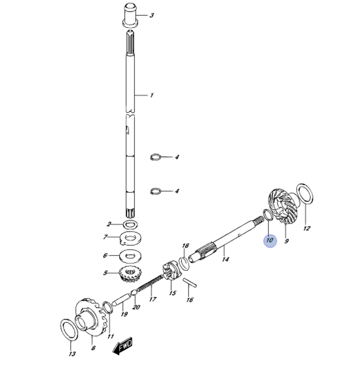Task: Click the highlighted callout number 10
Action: (270, 240)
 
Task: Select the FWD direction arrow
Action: (123, 347)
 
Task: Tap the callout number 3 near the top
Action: (152, 15)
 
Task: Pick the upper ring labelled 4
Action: (155, 157)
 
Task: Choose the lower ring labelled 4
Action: (155, 191)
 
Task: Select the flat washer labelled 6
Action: (130, 255)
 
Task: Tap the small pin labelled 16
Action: (190, 283)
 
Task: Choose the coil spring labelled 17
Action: (150, 283)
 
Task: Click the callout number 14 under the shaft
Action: (226, 259)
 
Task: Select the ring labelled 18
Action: (184, 264)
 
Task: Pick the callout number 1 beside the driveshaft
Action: (152, 96)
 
